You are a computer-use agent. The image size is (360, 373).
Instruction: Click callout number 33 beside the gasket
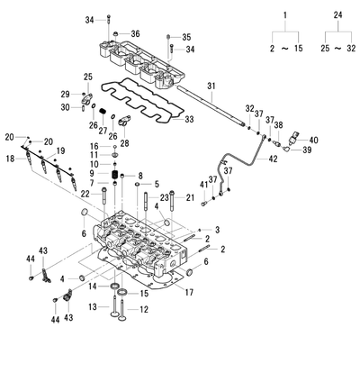pyautogui.click(x=189, y=119)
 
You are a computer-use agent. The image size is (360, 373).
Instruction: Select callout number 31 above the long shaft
pyautogui.click(x=211, y=86)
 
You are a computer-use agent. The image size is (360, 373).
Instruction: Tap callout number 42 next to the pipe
pyautogui.click(x=273, y=159)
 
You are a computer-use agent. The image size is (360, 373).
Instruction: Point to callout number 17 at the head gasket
pyautogui.click(x=189, y=292)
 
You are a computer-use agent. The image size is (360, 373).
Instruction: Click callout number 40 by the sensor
pyautogui.click(x=313, y=140)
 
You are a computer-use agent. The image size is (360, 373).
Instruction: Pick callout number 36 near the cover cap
pyautogui.click(x=135, y=33)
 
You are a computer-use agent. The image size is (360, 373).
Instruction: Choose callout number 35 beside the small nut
pyautogui.click(x=186, y=37)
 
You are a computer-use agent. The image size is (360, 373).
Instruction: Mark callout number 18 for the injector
pyautogui.click(x=10, y=159)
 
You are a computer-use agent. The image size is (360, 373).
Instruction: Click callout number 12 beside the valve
pyautogui.click(x=144, y=309)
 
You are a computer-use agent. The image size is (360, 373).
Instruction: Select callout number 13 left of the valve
pyautogui.click(x=93, y=306)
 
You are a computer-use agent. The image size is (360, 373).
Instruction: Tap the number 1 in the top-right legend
pyautogui.click(x=285, y=15)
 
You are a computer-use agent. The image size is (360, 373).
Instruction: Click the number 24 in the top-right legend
pyautogui.click(x=337, y=15)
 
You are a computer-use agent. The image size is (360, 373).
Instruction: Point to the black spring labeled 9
pyautogui.click(x=114, y=174)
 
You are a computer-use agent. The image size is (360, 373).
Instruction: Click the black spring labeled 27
pyautogui.click(x=103, y=111)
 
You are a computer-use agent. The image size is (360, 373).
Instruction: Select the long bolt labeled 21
pyautogui.click(x=172, y=201)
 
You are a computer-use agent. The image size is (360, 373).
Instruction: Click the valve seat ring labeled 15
pyautogui.click(x=122, y=292)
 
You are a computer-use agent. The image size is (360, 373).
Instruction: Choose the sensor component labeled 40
pyautogui.click(x=293, y=139)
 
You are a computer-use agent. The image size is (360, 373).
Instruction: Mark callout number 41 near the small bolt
pyautogui.click(x=204, y=185)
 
